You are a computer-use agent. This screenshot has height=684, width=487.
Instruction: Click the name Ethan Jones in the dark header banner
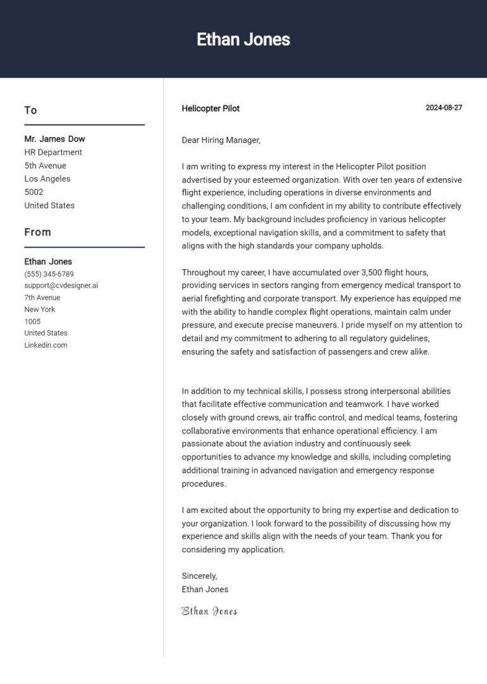pyautogui.click(x=243, y=39)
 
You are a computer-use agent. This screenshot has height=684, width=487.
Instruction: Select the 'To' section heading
pyautogui.click(x=30, y=110)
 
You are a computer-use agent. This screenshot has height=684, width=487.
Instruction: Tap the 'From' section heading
pyautogui.click(x=37, y=232)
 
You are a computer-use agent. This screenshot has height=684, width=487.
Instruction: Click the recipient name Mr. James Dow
pyautogui.click(x=55, y=139)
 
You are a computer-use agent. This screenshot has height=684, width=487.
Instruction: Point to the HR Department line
pyautogui.click(x=53, y=152)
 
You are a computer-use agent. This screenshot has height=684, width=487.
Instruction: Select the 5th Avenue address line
pyautogui.click(x=45, y=166)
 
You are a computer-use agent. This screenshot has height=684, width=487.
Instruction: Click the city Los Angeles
pyautogui.click(x=48, y=179)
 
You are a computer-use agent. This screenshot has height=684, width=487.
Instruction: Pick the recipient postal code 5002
pyautogui.click(x=34, y=192)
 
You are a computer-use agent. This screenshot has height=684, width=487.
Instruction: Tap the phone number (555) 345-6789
pyautogui.click(x=49, y=274)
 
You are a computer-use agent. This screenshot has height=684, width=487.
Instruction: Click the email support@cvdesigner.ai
pyautogui.click(x=61, y=286)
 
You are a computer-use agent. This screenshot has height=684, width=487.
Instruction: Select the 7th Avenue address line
pyautogui.click(x=42, y=298)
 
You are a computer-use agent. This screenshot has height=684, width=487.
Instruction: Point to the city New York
pyautogui.click(x=39, y=310)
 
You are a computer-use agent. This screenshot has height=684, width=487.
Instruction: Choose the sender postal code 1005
pyautogui.click(x=32, y=322)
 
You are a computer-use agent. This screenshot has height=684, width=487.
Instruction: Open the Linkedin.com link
pyautogui.click(x=46, y=345)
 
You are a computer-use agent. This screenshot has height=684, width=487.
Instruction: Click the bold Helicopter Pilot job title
pyautogui.click(x=211, y=109)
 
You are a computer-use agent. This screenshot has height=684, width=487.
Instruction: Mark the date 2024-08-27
pyautogui.click(x=444, y=108)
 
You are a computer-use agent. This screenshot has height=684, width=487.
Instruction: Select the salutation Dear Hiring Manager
pyautogui.click(x=221, y=140)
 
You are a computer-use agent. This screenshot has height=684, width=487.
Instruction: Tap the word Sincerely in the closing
pyautogui.click(x=199, y=576)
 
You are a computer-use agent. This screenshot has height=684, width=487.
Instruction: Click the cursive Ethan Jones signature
pyautogui.click(x=209, y=612)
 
